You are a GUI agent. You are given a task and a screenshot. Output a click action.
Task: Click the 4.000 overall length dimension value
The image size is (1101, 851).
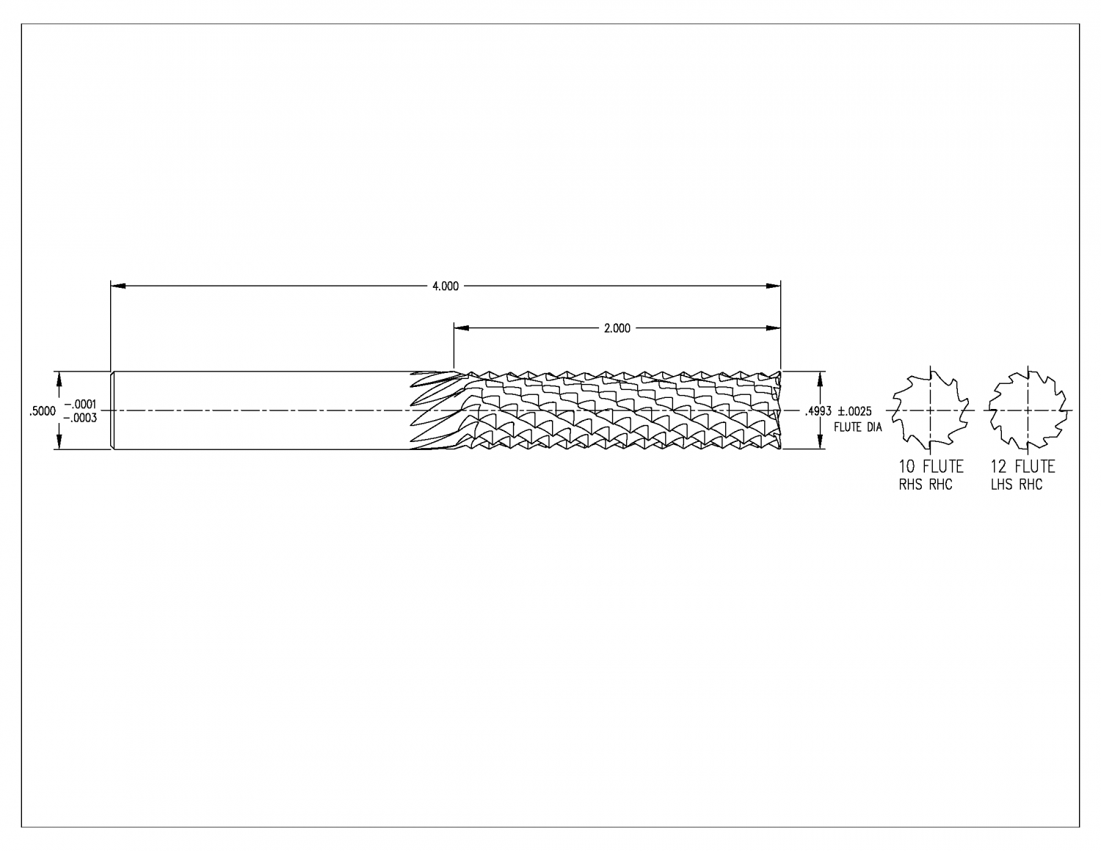pyautogui.click(x=445, y=286)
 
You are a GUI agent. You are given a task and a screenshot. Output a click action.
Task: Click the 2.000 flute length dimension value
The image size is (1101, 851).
pyautogui.click(x=617, y=329)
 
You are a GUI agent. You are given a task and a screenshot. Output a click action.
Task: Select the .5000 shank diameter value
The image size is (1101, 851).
pyautogui.click(x=42, y=412)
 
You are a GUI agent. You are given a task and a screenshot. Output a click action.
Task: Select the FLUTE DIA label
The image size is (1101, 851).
pyautogui.click(x=857, y=427)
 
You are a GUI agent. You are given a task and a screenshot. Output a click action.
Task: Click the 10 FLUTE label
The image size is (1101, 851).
pyautogui.click(x=931, y=467)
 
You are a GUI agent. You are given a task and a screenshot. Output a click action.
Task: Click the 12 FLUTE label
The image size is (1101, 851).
pyautogui.click(x=1022, y=467)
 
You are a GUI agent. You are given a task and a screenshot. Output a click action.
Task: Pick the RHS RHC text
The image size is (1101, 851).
pyautogui.click(x=925, y=485)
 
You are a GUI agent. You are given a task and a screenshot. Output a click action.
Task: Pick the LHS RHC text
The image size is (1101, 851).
pyautogui.click(x=1016, y=485)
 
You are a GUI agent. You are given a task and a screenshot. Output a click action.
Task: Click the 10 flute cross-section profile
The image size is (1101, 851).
pyautogui.click(x=930, y=410)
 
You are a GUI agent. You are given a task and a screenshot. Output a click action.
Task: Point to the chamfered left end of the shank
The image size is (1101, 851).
pyautogui.click(x=112, y=410)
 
